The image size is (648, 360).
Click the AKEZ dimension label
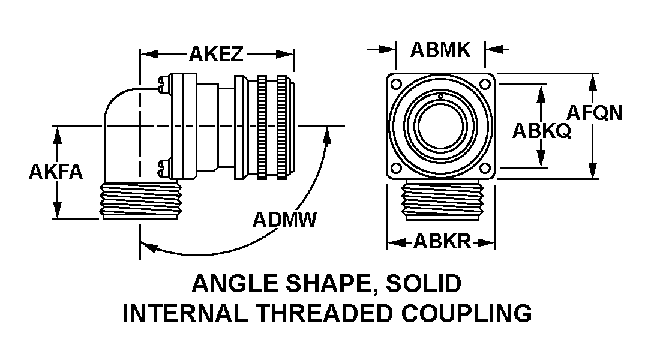216,54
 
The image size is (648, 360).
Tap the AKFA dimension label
55,172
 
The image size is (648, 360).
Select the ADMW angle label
284,220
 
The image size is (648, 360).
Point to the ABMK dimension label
440,50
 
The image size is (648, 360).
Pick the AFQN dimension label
595,113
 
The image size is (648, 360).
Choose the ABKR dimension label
442,242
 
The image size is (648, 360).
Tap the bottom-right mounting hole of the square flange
485,170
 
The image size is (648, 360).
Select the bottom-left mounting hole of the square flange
396,170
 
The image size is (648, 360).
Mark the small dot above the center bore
440,97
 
